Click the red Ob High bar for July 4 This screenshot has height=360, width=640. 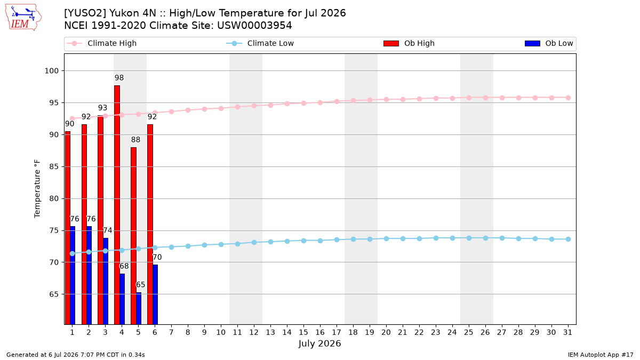click(x=117, y=205)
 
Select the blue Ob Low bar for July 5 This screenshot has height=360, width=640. click(x=139, y=308)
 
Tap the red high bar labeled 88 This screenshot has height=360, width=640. click(x=133, y=236)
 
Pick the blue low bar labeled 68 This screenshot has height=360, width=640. click(x=122, y=299)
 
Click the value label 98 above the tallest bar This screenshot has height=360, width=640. click(x=119, y=78)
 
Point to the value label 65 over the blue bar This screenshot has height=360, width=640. click(x=140, y=285)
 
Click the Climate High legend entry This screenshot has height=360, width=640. click(x=102, y=43)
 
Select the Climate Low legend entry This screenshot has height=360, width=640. click(x=260, y=43)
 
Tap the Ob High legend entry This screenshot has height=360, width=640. click(x=409, y=43)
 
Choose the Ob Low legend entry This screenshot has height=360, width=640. click(x=549, y=43)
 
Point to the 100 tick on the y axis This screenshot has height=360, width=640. click(x=51, y=71)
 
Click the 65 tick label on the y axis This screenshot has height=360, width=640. click(x=54, y=294)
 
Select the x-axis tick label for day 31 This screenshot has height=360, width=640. click(x=567, y=332)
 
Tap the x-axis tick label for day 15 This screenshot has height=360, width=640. click(x=303, y=332)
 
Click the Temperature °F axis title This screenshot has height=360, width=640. click(x=37, y=189)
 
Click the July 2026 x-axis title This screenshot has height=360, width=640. click(x=319, y=343)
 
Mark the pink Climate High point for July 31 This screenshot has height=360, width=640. click(x=568, y=98)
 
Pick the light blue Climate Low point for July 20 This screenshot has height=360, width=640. click(x=386, y=238)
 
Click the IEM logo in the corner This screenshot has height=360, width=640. click(x=23, y=18)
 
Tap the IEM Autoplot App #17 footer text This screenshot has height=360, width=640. click(x=601, y=355)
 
